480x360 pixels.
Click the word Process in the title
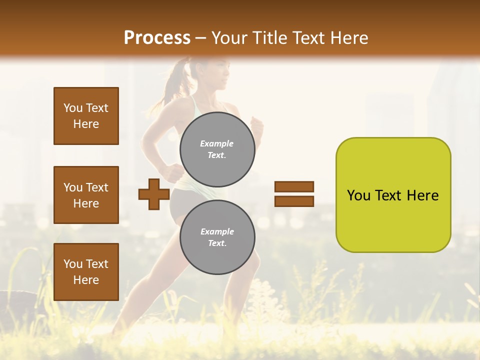157,38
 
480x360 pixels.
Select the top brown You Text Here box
86,116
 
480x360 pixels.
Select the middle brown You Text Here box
86,195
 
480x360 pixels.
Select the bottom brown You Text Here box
86,272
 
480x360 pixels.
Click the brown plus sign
154,194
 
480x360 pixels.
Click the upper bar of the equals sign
294,186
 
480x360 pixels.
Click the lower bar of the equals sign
294,201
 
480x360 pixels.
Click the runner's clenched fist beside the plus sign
171,172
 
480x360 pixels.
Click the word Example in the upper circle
216,143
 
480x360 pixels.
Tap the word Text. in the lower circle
217,243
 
